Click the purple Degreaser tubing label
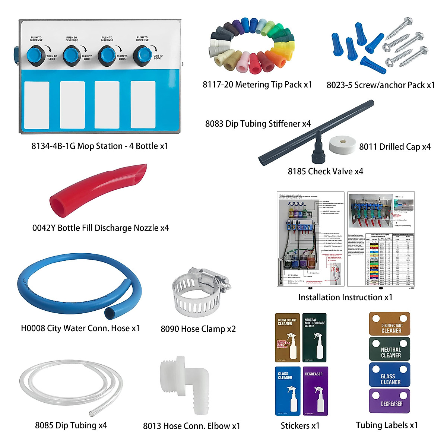click(x=390, y=401)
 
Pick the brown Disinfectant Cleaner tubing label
click(x=390, y=324)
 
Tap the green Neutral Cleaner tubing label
click(x=390, y=349)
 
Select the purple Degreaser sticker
click(x=315, y=391)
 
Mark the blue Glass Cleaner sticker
click(x=288, y=391)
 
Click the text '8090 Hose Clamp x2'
click(x=198, y=329)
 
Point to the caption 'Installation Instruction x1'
click(x=345, y=297)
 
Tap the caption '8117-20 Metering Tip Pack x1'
click(x=257, y=85)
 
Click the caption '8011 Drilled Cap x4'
click(x=395, y=147)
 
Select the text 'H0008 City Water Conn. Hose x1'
click(x=80, y=328)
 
